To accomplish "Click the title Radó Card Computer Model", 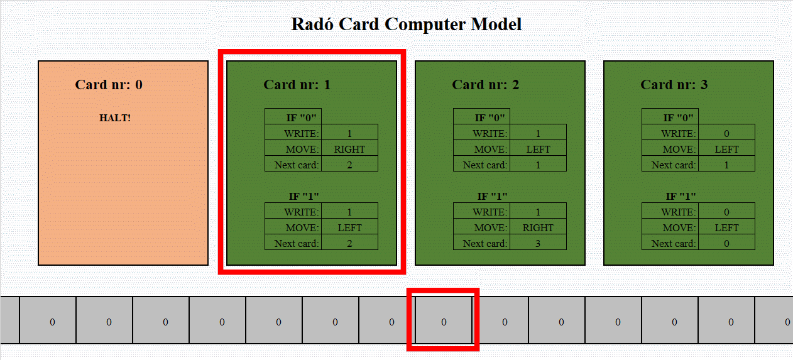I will (x=406, y=25).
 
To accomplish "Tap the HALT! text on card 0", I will (x=115, y=117).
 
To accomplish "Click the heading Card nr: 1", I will (x=297, y=84).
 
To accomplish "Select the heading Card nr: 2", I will (x=485, y=84).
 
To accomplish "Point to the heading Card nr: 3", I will (x=674, y=84).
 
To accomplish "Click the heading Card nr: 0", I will (x=108, y=84).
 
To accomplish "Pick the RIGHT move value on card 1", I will (x=349, y=149).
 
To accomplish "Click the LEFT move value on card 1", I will (x=349, y=227).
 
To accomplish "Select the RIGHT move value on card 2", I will (x=538, y=227).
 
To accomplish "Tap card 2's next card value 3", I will (x=538, y=243).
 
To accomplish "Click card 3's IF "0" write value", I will (x=726, y=133).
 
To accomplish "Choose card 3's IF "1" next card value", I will (x=726, y=243).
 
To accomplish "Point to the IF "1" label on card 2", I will (x=492, y=196).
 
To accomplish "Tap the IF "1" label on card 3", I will (x=681, y=196).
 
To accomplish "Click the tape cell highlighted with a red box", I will (x=444, y=322).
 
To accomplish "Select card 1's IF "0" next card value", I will (x=349, y=165).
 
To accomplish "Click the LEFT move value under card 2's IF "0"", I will (x=538, y=149).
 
